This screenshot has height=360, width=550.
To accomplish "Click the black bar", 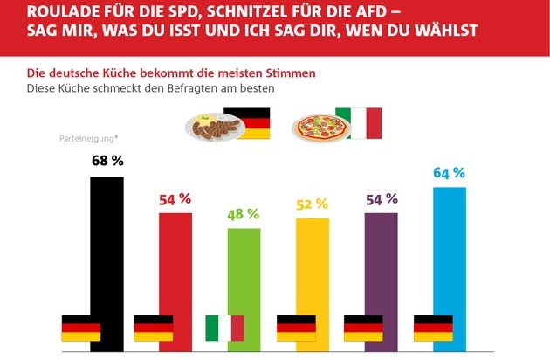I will pos(107,262).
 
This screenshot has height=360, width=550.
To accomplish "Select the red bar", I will pos(175,280).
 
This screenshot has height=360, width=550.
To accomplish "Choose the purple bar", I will pos(382,280).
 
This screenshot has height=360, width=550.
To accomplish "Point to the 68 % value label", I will pos(107,161).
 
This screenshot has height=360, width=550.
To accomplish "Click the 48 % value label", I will pos(244,213).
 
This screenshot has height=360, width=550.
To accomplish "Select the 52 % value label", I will pos(312,204).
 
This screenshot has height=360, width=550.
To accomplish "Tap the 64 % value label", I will pos(450,171).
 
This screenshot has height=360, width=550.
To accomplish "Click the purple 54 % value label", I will pos(382,199).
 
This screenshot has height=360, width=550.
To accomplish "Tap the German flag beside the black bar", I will pos(81,329).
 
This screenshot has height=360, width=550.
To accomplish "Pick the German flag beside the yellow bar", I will pos(295,329).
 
